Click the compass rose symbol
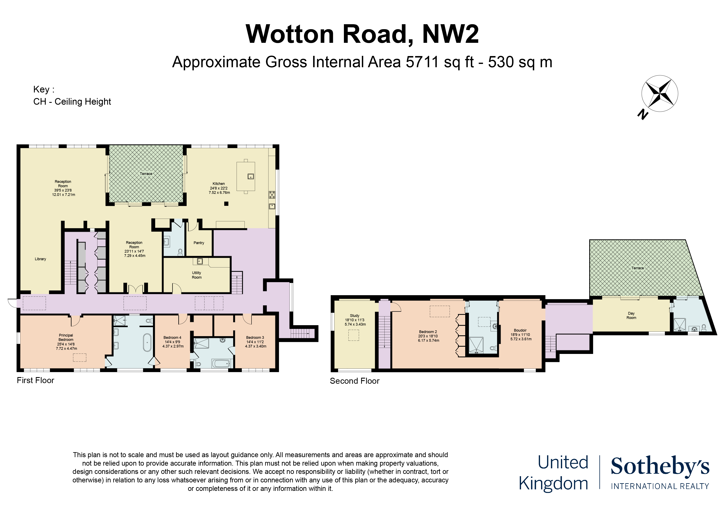[x=660, y=93]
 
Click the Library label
[x=41, y=259]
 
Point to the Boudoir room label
[x=520, y=330]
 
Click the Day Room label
[x=631, y=315]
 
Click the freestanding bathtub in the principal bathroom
[x=147, y=342]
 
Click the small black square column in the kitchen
[x=226, y=204]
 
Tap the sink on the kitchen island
[x=251, y=177]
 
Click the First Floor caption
[x=35, y=380]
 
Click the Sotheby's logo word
[x=660, y=466]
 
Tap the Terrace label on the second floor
[x=637, y=268]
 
